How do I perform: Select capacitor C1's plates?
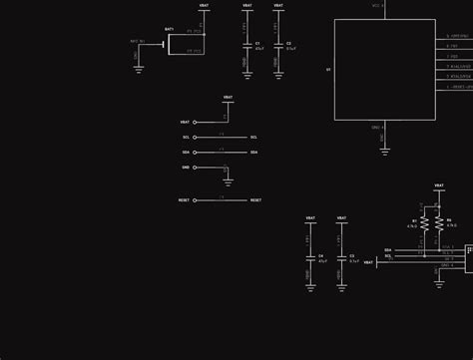pyautogui.click(x=246, y=45)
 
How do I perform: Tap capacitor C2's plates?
pyautogui.click(x=277, y=45)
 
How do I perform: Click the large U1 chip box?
pyautogui.click(x=384, y=70)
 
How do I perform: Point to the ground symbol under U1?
pyautogui.click(x=384, y=151)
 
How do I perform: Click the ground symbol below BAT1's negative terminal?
pyautogui.click(x=138, y=69)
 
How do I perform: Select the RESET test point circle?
pyautogui.click(x=195, y=199)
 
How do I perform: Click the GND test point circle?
pyautogui.click(x=195, y=168)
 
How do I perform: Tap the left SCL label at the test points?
pyautogui.click(x=186, y=138)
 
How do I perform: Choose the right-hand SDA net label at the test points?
pyautogui.click(x=254, y=153)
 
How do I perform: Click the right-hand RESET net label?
pyautogui.click(x=255, y=199)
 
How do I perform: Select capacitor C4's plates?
pyautogui.click(x=310, y=257)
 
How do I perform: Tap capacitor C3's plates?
pyautogui.click(x=341, y=257)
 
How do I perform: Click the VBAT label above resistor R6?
pyautogui.click(x=439, y=185)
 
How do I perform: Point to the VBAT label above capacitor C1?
pyautogui.click(x=246, y=6)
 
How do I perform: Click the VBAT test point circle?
pyautogui.click(x=195, y=123)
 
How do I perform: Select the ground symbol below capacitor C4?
pyautogui.click(x=310, y=287)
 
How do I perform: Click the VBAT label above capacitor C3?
pyautogui.click(x=341, y=217)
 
